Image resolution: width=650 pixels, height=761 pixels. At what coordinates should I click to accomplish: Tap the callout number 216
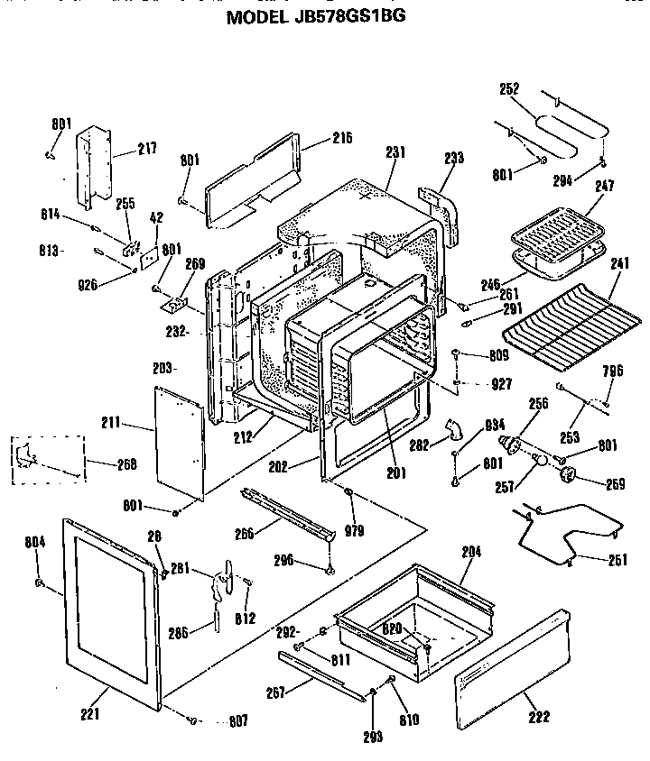316,138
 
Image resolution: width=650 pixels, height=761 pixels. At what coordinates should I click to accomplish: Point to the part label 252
509,88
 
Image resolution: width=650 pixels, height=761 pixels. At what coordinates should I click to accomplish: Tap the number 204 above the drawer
470,551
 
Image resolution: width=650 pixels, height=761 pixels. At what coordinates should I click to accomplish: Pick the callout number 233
453,158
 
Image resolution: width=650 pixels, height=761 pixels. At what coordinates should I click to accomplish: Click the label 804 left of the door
35,542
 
